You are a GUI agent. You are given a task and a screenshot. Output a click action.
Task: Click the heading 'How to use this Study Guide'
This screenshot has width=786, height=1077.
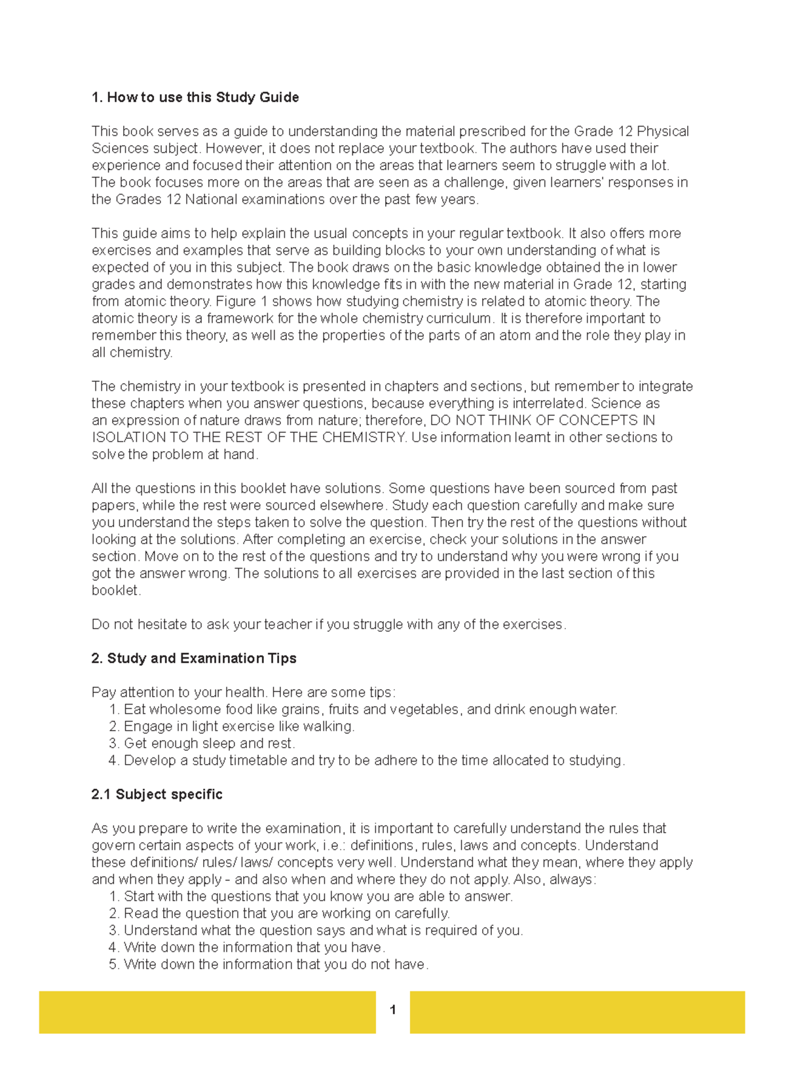[195, 98]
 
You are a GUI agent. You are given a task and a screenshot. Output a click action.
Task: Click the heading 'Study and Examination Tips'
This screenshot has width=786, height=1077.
[194, 659]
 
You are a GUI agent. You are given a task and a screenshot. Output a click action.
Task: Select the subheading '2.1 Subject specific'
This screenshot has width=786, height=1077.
[157, 795]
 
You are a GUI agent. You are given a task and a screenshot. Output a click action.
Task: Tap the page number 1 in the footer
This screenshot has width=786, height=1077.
[392, 1010]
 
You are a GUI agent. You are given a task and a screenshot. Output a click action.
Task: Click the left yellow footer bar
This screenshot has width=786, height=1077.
[207, 1012]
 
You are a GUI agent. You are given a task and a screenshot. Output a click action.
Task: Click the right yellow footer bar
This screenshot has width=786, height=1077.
[577, 1012]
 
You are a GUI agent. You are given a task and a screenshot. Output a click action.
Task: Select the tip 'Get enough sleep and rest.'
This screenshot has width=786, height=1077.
[210, 744]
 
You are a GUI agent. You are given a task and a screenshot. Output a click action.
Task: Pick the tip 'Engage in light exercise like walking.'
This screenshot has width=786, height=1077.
[239, 727]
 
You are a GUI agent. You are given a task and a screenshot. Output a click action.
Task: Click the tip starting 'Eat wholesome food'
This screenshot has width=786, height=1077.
[370, 710]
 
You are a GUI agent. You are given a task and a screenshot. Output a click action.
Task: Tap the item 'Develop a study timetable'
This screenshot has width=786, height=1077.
[373, 761]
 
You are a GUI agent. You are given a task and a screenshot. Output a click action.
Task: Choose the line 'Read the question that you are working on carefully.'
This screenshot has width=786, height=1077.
[286, 914]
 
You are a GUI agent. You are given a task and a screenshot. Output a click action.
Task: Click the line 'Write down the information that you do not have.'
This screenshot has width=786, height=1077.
[276, 965]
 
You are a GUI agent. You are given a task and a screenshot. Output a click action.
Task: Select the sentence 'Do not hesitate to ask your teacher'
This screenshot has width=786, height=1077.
[327, 625]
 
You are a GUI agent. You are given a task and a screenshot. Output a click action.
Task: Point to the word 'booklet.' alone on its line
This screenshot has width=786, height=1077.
[116, 591]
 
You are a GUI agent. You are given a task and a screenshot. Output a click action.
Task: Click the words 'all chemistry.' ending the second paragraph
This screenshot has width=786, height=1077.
[132, 353]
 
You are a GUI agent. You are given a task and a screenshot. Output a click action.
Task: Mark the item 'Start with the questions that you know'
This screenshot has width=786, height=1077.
[318, 897]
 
